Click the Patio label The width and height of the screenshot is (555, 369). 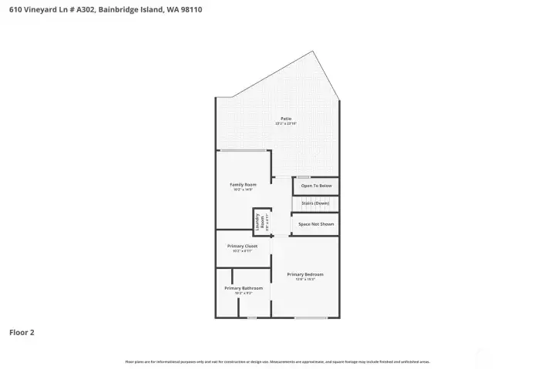point(286,119)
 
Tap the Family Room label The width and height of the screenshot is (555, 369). point(243,184)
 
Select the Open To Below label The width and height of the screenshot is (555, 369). point(316,186)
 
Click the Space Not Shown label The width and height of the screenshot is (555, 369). point(315,223)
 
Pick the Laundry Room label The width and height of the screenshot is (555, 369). point(261,221)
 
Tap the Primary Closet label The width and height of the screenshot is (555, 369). point(242,246)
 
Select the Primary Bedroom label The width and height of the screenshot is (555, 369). point(305,274)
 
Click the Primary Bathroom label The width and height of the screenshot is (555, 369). point(238,288)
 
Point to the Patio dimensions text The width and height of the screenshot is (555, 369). point(286,123)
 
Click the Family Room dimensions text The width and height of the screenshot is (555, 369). point(243,189)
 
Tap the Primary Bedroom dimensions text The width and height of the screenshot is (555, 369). point(305,279)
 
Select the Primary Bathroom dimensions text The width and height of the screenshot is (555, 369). point(238,293)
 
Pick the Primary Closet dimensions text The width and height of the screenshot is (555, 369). point(242,250)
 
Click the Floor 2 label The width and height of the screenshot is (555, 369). point(22,333)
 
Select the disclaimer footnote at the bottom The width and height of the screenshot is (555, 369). point(277,361)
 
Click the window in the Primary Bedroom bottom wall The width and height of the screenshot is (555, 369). point(310,317)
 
